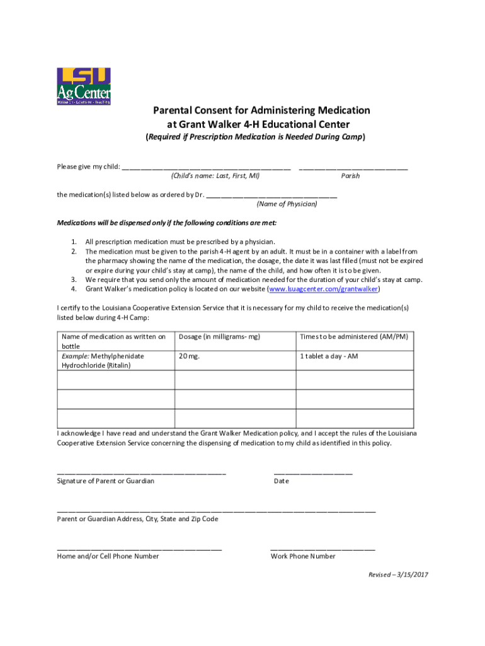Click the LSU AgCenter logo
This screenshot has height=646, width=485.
click(x=83, y=86)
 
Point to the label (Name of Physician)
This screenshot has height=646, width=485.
click(x=287, y=204)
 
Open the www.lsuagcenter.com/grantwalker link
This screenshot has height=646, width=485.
click(x=324, y=289)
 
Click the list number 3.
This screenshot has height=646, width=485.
click(x=74, y=279)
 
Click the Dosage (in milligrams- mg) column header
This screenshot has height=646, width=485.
click(x=219, y=337)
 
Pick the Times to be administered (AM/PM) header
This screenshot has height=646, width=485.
click(x=353, y=337)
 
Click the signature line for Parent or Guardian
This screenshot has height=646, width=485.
click(x=141, y=473)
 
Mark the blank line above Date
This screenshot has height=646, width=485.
click(x=313, y=473)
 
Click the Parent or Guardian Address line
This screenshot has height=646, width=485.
click(x=216, y=510)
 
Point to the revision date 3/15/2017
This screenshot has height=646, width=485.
click(x=412, y=575)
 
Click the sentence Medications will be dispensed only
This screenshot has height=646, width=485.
click(x=166, y=223)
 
